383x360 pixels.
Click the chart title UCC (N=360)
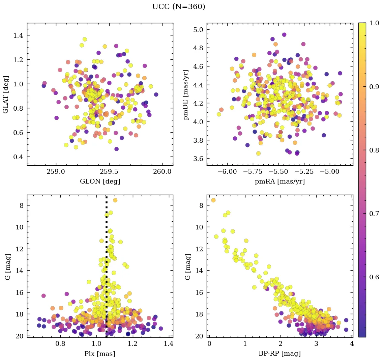178,7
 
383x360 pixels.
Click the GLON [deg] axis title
100,181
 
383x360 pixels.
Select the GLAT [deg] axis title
6,94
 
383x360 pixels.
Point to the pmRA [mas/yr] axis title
280,181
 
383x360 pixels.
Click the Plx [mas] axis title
100,354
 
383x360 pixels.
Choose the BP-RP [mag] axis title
280,354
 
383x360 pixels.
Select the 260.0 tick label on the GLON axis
162,172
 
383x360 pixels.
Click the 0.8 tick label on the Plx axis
60,344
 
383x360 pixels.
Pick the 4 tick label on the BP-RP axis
352,344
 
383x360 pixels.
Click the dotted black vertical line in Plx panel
107,270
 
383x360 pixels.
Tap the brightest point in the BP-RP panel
213,200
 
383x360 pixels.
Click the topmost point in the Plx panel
115,200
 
